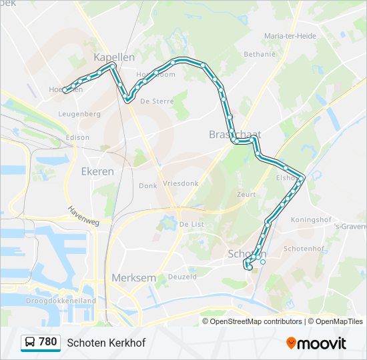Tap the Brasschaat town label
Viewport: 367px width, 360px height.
234,134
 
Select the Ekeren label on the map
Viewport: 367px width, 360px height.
97,171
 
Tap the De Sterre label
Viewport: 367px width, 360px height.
157,101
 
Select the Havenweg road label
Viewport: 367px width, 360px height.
82,215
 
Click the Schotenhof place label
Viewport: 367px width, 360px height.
303,248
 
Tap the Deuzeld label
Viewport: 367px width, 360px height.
182,276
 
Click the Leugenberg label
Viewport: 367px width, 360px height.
79,114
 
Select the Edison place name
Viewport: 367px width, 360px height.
77,137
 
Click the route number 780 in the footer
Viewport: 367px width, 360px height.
47,342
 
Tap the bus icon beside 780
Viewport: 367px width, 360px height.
30,343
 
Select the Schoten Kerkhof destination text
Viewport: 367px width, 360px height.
106,343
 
